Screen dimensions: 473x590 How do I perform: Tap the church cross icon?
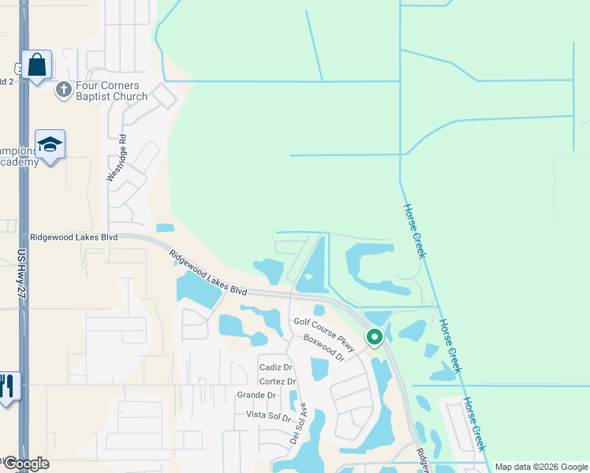(63, 90)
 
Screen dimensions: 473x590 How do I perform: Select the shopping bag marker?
(36, 65)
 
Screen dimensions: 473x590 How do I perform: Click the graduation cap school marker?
(50, 145)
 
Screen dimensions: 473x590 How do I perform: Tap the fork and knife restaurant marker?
(8, 386)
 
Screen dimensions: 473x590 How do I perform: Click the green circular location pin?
(375, 337)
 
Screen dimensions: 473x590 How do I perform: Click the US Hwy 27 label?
(21, 273)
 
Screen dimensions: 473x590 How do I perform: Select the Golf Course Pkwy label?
(325, 333)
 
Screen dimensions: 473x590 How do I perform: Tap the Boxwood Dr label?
(323, 348)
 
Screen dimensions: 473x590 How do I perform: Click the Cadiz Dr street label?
(276, 368)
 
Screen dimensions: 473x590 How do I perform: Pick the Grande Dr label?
(256, 395)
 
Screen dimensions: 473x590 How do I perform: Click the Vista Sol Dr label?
(268, 415)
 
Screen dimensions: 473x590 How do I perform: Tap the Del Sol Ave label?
(297, 423)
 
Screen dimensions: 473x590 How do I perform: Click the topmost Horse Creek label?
(415, 231)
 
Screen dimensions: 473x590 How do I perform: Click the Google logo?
(25, 464)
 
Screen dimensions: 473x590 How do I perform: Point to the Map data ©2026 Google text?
(541, 467)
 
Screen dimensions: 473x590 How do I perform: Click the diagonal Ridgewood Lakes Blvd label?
(207, 274)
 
